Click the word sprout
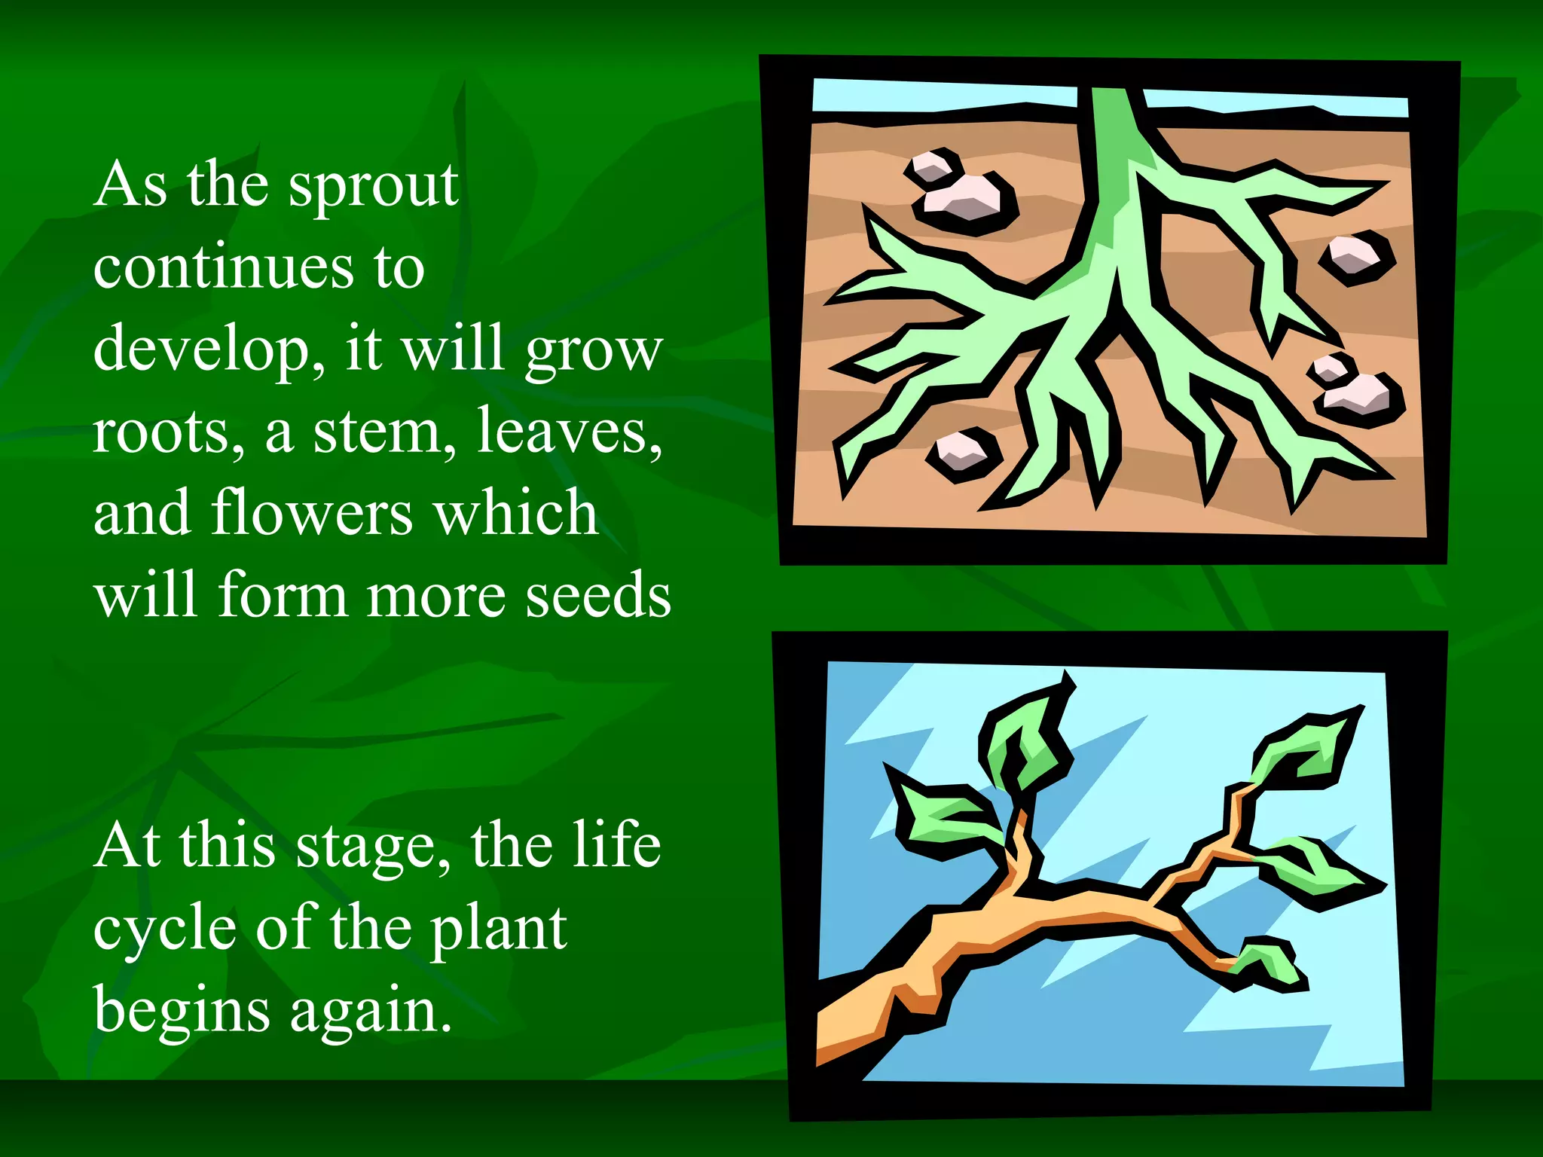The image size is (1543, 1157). point(374,187)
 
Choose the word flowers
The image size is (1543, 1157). point(312,513)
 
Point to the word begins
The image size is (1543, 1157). point(182,1011)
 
